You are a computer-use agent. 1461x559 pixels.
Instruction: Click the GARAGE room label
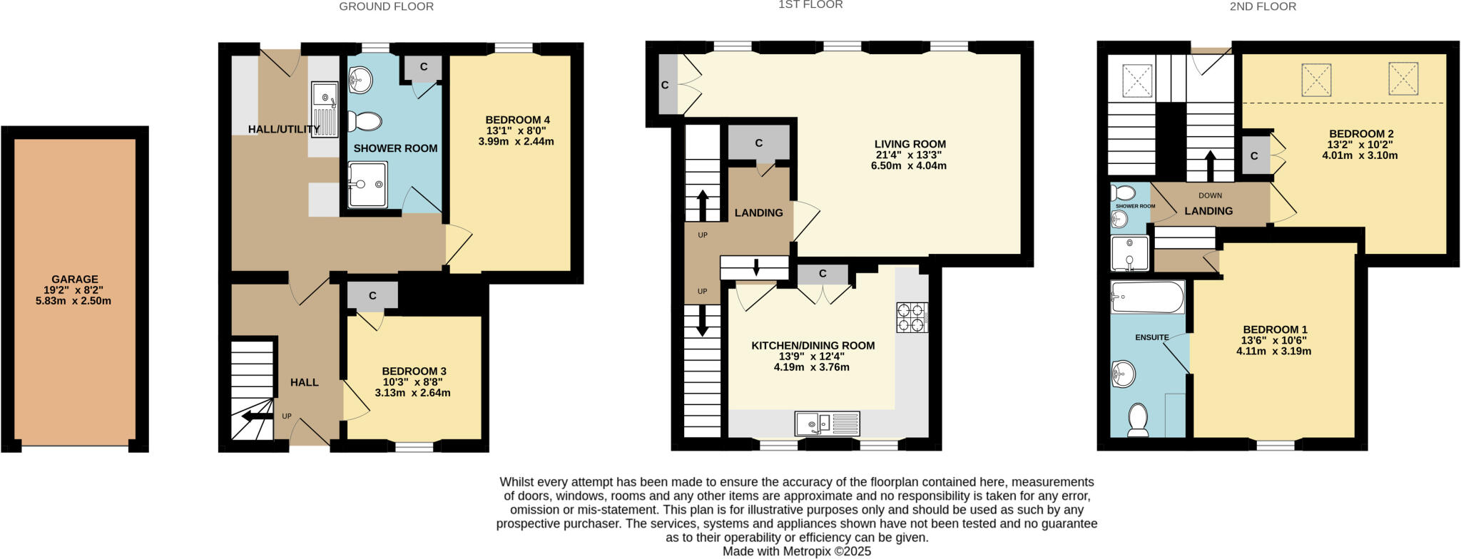[74, 279]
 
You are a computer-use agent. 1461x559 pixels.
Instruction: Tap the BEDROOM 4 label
[517, 120]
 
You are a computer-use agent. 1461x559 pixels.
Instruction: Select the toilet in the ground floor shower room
[365, 121]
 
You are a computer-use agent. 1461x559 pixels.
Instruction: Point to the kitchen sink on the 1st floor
[828, 424]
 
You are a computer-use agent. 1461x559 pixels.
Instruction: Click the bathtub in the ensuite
[1147, 297]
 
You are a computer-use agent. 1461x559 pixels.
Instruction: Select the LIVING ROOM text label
[910, 144]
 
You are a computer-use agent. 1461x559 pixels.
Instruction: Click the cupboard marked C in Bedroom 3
[372, 297]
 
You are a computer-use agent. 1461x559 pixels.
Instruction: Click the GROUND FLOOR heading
[386, 6]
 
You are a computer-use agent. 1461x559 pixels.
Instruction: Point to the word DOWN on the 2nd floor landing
[1210, 195]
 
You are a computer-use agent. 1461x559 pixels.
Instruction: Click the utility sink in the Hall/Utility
[325, 108]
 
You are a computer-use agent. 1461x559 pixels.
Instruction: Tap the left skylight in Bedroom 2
[1316, 80]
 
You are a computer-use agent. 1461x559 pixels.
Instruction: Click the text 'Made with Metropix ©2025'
[797, 551]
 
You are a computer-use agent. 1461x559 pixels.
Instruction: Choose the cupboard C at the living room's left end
[666, 86]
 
